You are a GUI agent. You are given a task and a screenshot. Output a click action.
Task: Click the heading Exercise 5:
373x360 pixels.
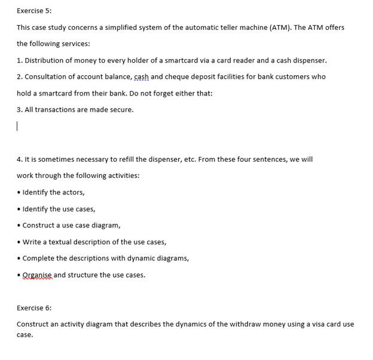(34, 11)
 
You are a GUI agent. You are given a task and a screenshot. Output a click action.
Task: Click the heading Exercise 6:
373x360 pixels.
(34, 308)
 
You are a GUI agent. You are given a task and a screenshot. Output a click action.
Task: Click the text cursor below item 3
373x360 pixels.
(17, 127)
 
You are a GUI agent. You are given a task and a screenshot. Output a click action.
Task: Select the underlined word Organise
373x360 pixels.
(37, 275)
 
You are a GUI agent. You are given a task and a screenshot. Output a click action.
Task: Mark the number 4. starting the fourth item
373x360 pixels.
(20, 159)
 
